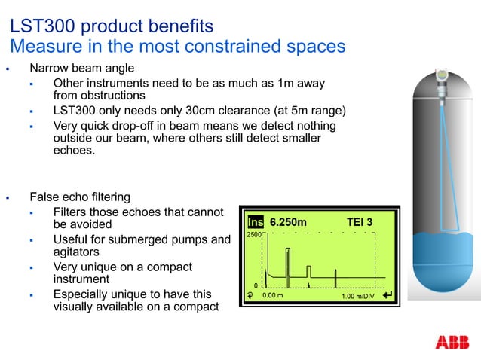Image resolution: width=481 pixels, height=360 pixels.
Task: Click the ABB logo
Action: [x=452, y=343]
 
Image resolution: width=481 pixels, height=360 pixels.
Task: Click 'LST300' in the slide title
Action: [x=40, y=26]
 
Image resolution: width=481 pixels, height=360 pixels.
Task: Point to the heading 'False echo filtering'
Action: [x=80, y=197]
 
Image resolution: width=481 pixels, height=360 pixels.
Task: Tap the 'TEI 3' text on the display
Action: [x=359, y=223]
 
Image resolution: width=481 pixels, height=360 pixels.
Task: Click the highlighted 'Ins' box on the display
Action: [x=256, y=223]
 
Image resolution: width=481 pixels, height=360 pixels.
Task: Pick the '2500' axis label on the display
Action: [x=253, y=236]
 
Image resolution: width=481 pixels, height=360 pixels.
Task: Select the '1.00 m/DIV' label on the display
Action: [x=359, y=296]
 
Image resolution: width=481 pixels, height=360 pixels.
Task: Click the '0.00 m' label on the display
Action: [x=272, y=296]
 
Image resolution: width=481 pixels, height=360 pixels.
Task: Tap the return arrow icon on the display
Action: [x=388, y=295]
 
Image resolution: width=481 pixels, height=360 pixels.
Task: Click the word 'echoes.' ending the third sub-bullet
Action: [x=75, y=151]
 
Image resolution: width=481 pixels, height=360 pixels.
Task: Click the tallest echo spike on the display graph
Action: [x=287, y=264]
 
